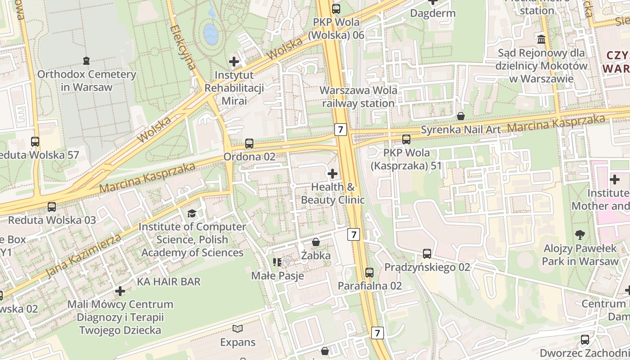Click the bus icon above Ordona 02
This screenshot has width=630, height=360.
tap(249, 144)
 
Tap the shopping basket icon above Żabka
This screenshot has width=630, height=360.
tap(316, 243)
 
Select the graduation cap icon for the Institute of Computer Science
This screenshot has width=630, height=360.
tap(192, 213)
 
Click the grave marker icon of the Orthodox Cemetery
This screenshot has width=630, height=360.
tap(86, 60)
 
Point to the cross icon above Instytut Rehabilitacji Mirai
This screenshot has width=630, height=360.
tap(234, 62)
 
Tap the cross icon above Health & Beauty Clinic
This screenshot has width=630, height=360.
tap(333, 173)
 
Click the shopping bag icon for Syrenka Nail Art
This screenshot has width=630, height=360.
tap(461, 116)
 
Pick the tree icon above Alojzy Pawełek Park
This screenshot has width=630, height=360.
tap(580, 234)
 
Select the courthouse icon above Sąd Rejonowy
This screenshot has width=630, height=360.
tap(541, 40)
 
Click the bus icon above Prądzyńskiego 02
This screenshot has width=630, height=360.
tap(427, 254)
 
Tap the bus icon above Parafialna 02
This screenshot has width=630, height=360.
tap(369, 272)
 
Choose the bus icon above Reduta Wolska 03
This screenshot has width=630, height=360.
tap(52, 207)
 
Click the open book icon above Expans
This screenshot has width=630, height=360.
tap(238, 329)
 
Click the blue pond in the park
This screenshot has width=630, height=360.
tap(210, 32)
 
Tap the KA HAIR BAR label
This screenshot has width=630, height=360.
tap(169, 282)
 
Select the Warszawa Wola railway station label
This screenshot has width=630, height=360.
tap(359, 97)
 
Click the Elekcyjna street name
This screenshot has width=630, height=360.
tap(183, 47)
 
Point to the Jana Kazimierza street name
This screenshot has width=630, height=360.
tap(83, 256)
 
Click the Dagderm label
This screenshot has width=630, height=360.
tap(432, 13)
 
